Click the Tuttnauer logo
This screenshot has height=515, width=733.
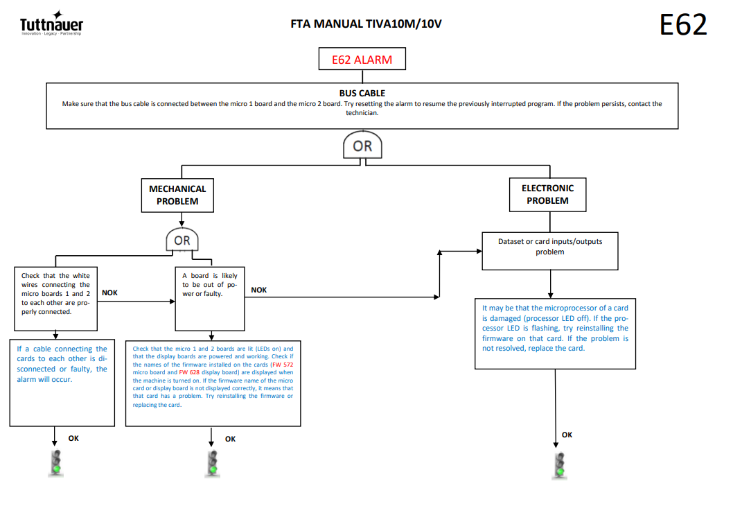coord(51,24)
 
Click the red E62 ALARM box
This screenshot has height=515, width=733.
coord(362,59)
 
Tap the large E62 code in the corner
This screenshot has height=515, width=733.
coord(683,24)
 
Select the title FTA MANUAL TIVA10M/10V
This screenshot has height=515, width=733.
coord(366,24)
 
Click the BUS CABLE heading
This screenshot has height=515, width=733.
coord(362,93)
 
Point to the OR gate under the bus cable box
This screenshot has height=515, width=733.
coord(362,145)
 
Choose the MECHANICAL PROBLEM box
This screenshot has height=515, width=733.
coord(177,195)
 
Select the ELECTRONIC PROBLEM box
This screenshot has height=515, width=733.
coord(547,195)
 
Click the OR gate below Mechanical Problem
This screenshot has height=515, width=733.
coord(182,240)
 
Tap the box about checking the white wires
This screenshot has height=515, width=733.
coord(55,299)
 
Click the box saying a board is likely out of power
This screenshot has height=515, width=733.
coord(210,299)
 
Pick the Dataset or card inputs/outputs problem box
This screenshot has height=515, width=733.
coord(550,251)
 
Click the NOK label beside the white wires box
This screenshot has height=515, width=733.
coord(110,293)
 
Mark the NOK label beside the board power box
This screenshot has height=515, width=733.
coord(259,290)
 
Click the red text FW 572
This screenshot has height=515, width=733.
coord(283,365)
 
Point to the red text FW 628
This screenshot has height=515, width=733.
coord(189,373)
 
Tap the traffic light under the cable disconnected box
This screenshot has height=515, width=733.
coord(56,463)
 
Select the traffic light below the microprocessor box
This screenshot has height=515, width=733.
coord(560,466)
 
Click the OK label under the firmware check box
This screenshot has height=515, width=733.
coord(231,439)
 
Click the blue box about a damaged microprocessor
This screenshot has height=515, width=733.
coord(556,333)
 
